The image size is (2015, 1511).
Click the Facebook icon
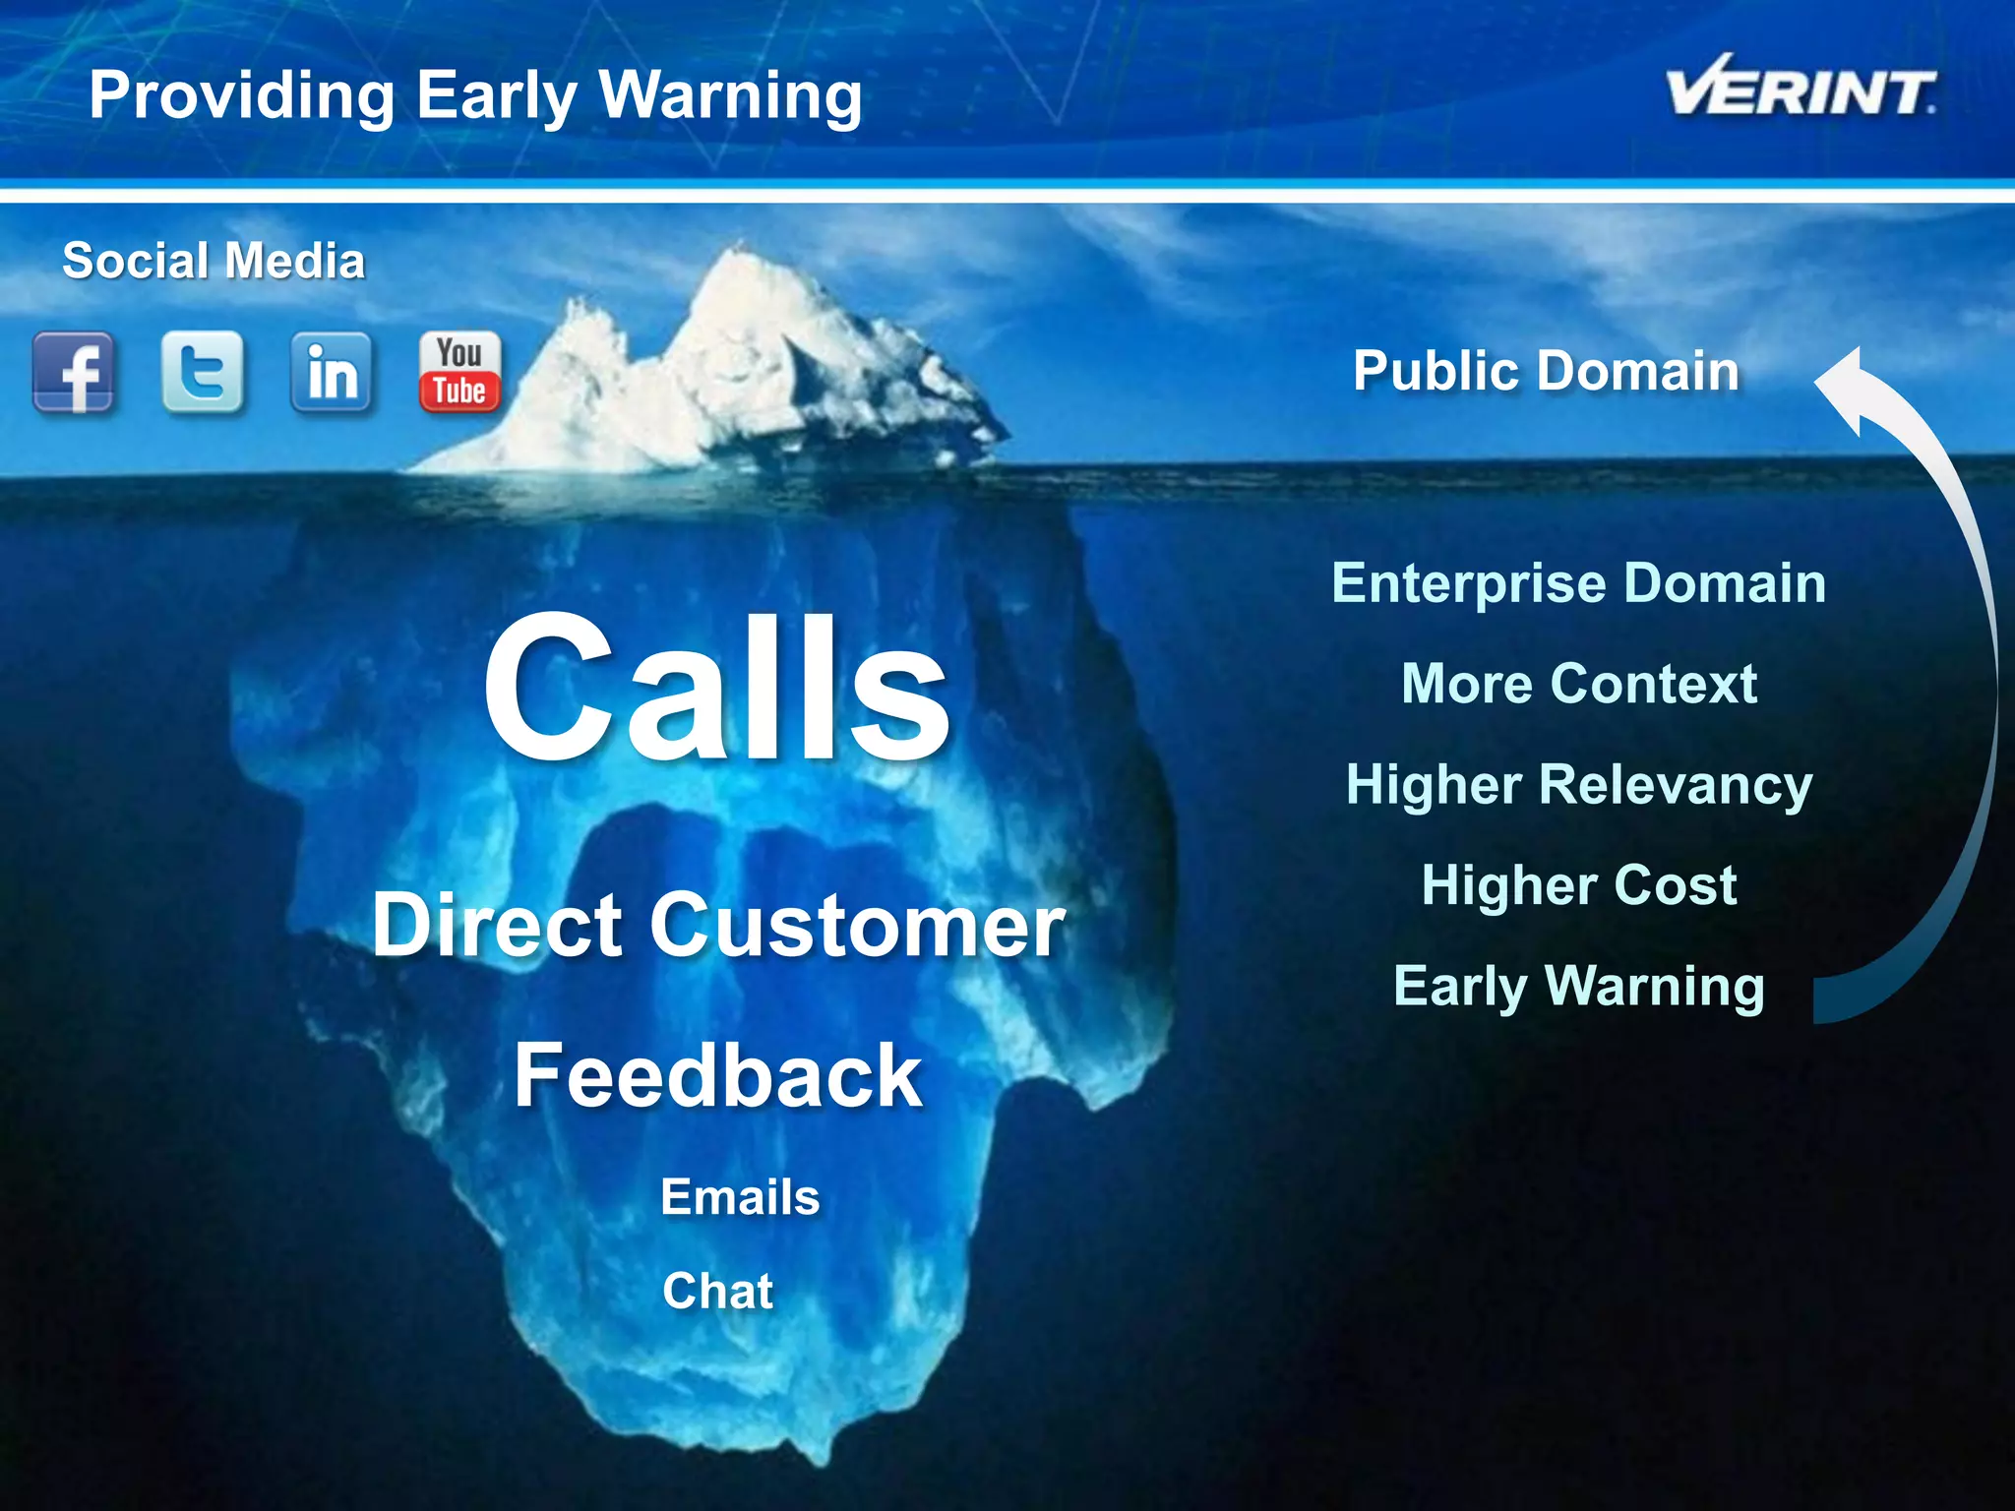click(x=74, y=373)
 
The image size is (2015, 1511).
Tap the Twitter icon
click(x=203, y=372)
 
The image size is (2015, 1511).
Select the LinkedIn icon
click(x=332, y=372)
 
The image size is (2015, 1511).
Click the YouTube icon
click(x=459, y=372)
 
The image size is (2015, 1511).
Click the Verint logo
click(x=1800, y=89)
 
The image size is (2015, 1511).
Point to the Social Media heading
click(x=214, y=262)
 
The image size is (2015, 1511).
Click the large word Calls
click(x=716, y=689)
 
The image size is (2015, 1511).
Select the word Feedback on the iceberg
click(x=717, y=1076)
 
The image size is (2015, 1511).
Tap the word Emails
click(x=740, y=1197)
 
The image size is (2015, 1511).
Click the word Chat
click(x=717, y=1291)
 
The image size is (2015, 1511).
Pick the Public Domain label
click(x=1546, y=371)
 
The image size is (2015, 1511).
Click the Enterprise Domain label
click(x=1578, y=582)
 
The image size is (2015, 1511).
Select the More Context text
click(x=1578, y=684)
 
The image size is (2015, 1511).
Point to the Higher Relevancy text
click(x=1578, y=785)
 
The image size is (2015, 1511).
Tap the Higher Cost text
click(x=1578, y=885)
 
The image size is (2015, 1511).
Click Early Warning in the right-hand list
click(x=1578, y=986)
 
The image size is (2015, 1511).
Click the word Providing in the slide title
click(x=241, y=96)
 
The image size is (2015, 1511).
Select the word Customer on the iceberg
click(x=858, y=927)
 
